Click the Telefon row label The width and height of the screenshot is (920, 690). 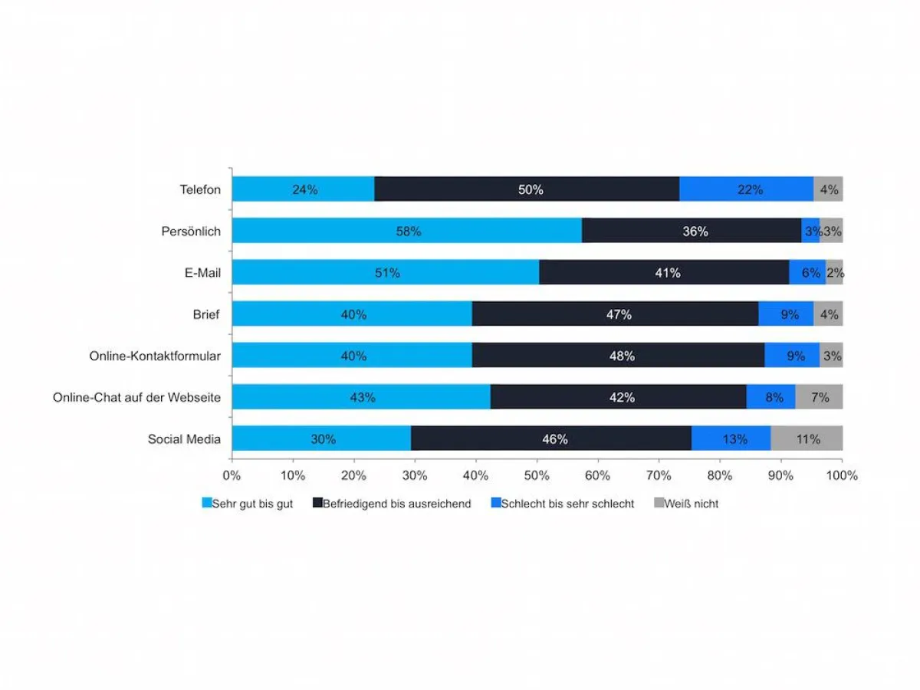pyautogui.click(x=200, y=189)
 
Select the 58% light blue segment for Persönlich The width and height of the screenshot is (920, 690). pyautogui.click(x=407, y=231)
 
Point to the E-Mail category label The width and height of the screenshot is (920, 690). pyautogui.click(x=202, y=272)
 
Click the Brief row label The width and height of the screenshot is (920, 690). pyautogui.click(x=206, y=314)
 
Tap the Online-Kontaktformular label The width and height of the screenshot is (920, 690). pyautogui.click(x=155, y=356)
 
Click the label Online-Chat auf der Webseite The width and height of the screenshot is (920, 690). pyautogui.click(x=136, y=397)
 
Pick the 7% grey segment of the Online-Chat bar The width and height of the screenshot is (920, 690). pyautogui.click(x=819, y=397)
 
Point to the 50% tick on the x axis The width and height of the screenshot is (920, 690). pyautogui.click(x=537, y=476)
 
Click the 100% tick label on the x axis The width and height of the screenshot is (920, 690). pyautogui.click(x=842, y=476)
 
